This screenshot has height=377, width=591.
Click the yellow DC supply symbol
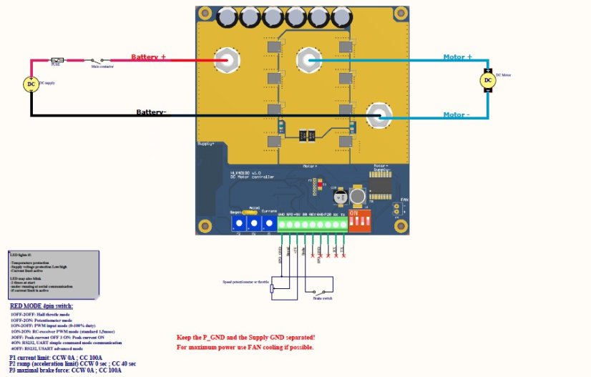(x=31, y=84)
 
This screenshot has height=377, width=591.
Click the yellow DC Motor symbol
(x=488, y=81)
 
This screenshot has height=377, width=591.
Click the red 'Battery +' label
(x=148, y=57)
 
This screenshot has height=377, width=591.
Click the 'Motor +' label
(x=458, y=57)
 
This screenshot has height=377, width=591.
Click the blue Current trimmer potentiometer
(x=269, y=223)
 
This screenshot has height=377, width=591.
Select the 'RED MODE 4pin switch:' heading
(x=41, y=306)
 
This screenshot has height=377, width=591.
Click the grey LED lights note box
(x=53, y=274)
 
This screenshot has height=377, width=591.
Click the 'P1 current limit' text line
(x=56, y=356)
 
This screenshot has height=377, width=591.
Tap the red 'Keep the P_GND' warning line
(x=245, y=336)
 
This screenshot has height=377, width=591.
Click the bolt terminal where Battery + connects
(x=230, y=60)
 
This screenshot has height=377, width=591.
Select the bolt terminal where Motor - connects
(x=377, y=114)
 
